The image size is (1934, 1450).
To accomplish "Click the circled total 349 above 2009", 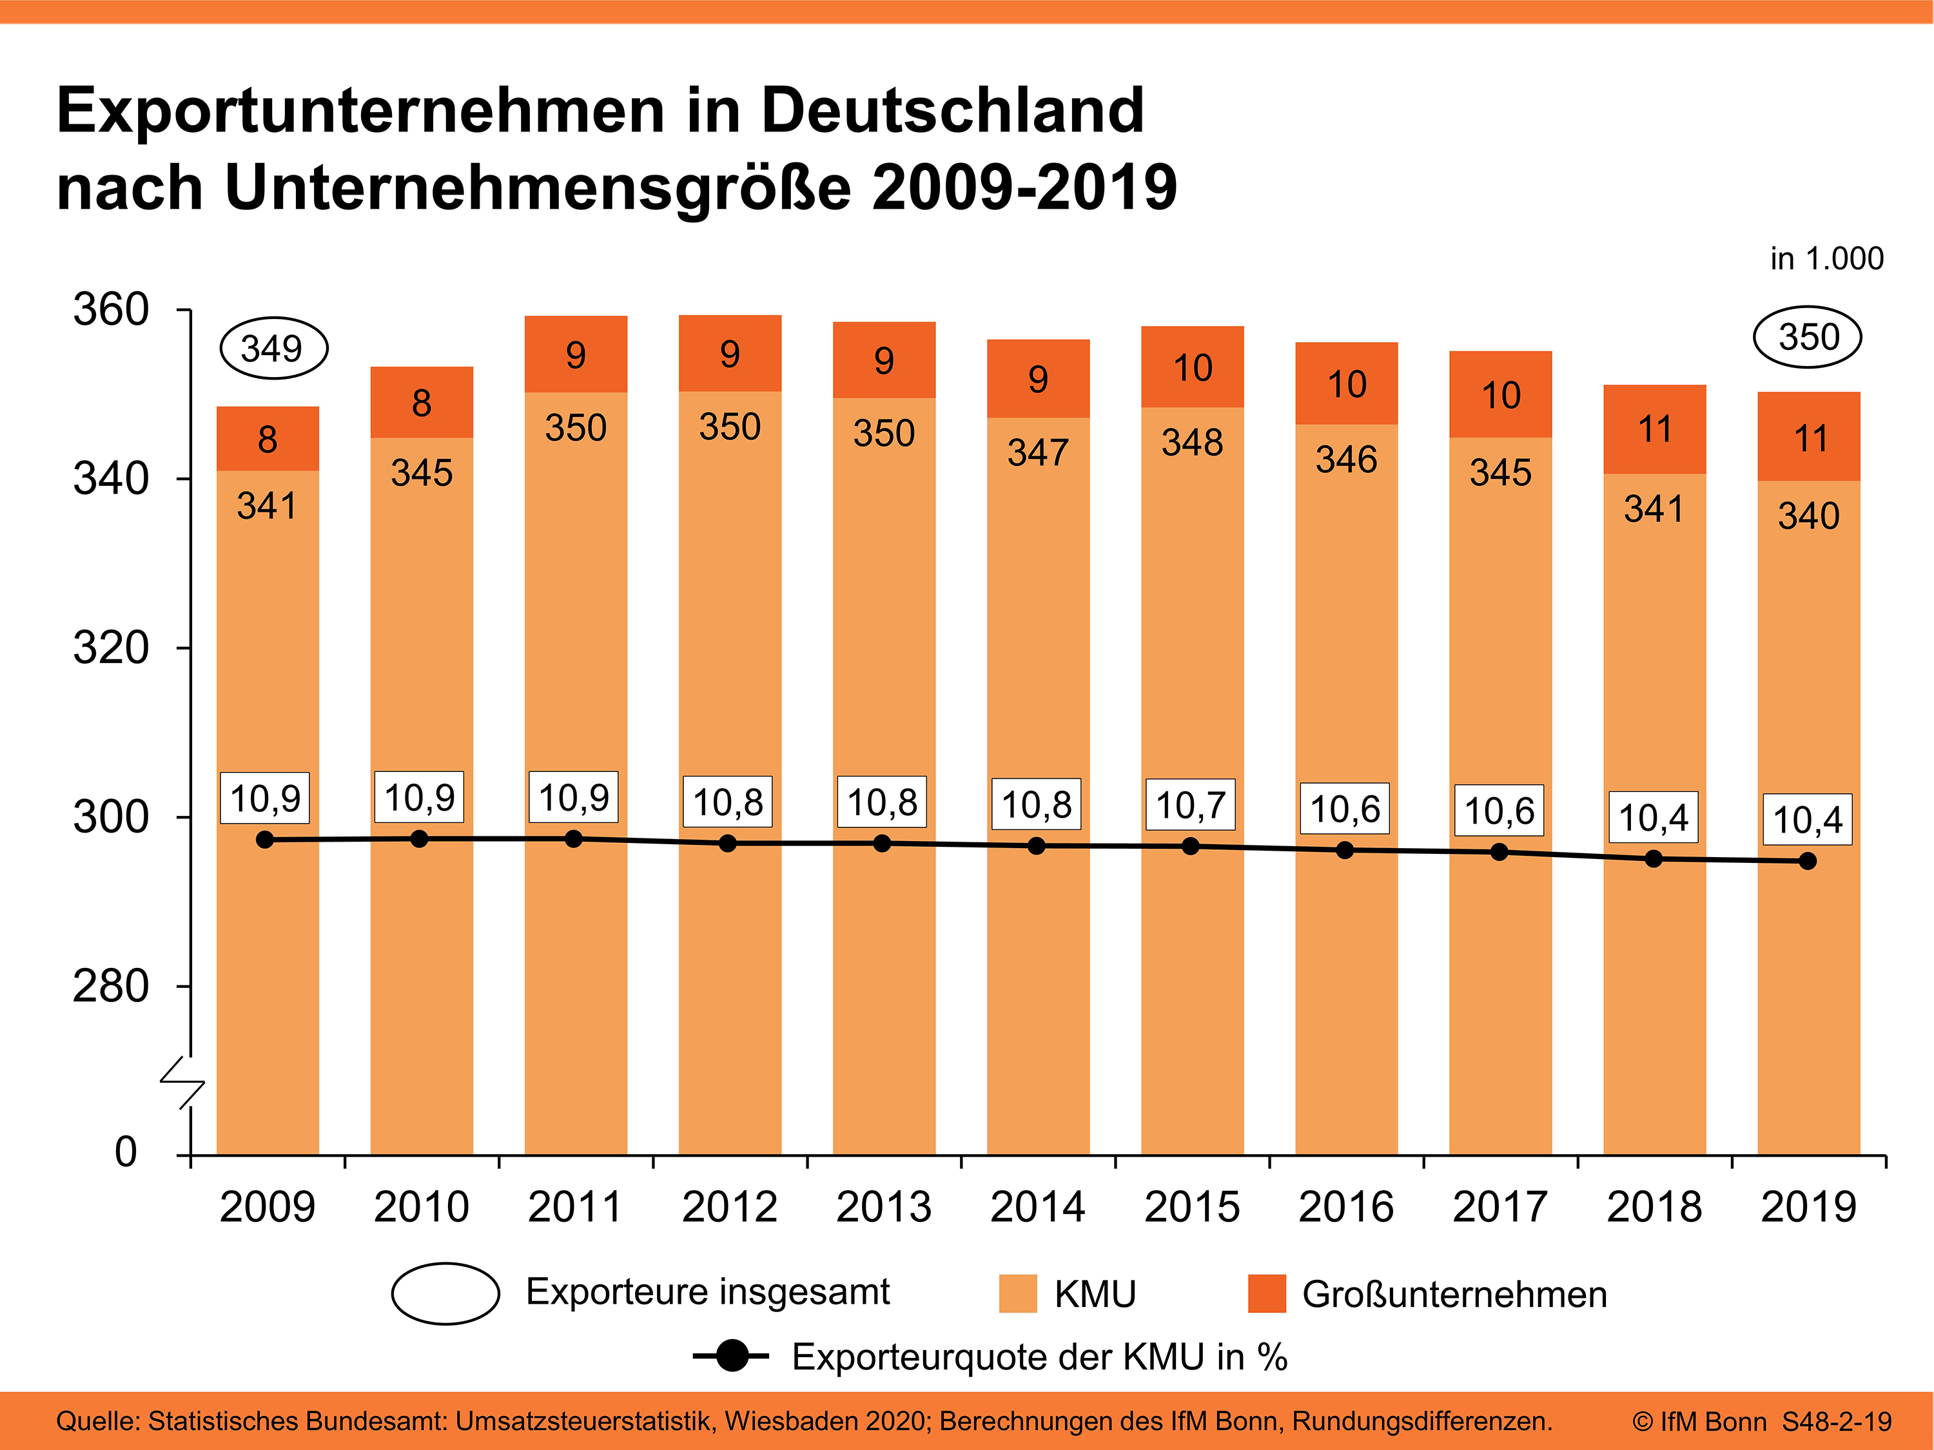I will click(x=272, y=349).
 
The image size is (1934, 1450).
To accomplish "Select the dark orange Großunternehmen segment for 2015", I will click(x=1192, y=367).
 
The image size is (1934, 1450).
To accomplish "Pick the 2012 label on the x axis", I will click(x=729, y=1207).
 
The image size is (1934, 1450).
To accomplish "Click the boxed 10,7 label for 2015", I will click(x=1191, y=805).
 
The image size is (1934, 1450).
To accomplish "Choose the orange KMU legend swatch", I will click(x=1018, y=1293).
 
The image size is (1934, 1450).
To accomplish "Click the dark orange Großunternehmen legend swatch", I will click(x=1267, y=1293).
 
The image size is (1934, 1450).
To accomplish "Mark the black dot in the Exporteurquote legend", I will click(x=732, y=1357).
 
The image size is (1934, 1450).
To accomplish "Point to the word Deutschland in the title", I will click(x=952, y=111).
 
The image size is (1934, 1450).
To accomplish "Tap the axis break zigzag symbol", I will click(x=182, y=1083).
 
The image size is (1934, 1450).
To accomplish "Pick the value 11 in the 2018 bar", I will click(x=1654, y=430).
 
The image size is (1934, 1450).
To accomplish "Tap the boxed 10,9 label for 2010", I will click(x=420, y=797).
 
